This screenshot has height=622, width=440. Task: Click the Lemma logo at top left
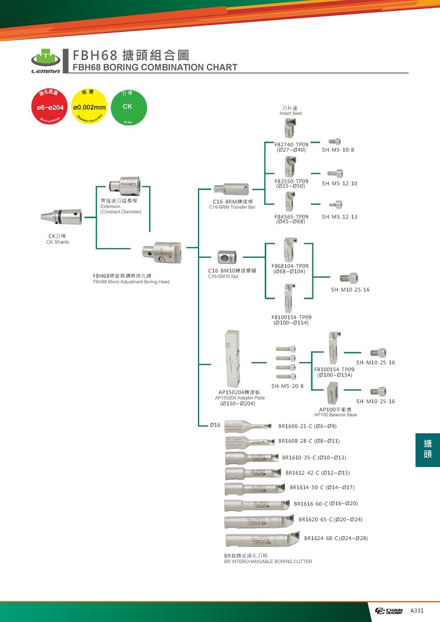pyautogui.click(x=44, y=62)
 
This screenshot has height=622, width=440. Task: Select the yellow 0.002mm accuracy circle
pyautogui.click(x=89, y=107)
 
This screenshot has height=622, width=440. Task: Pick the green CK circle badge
pyautogui.click(x=128, y=107)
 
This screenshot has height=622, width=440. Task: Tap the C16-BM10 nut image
pyautogui.click(x=227, y=257)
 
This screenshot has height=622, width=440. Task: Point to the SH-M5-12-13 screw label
pyautogui.click(x=339, y=217)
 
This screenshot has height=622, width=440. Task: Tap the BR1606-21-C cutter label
pyautogui.click(x=307, y=426)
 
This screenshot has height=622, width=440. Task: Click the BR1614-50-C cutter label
pyautogui.click(x=322, y=487)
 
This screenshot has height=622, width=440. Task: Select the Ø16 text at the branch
pyautogui.click(x=215, y=425)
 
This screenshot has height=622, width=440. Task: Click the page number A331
pyautogui.click(x=417, y=610)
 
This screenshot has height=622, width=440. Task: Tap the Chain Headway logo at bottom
pyautogui.click(x=389, y=610)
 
